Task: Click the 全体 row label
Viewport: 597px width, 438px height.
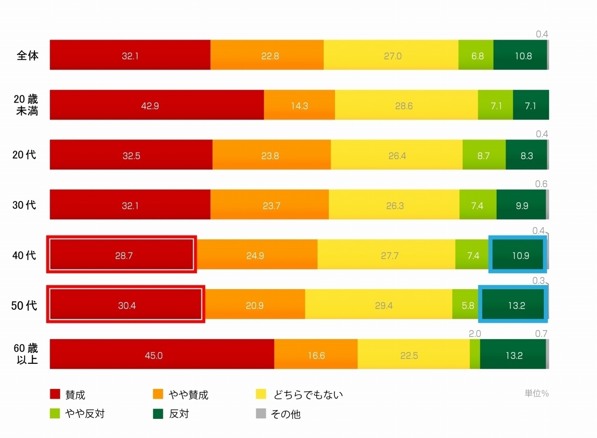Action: point(28,56)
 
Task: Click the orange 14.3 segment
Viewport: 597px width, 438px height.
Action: point(299,105)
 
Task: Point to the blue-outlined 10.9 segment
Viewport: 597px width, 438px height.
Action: point(517,255)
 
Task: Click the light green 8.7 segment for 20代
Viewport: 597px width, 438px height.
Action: point(484,155)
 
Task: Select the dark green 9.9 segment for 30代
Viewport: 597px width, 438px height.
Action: point(521,205)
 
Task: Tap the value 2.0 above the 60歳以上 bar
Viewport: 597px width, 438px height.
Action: point(475,334)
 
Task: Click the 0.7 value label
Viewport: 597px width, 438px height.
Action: point(541,334)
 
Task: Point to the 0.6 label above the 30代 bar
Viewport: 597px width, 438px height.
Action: point(541,184)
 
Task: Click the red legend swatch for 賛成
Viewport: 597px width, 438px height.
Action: point(55,394)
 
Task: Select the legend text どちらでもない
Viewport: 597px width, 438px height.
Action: point(308,395)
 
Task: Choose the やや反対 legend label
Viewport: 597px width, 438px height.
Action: point(84,414)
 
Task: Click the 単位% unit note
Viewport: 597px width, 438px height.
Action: point(536,393)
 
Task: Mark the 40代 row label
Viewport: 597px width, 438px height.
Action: point(24,255)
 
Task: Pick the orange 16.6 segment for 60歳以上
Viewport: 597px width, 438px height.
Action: point(316,355)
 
